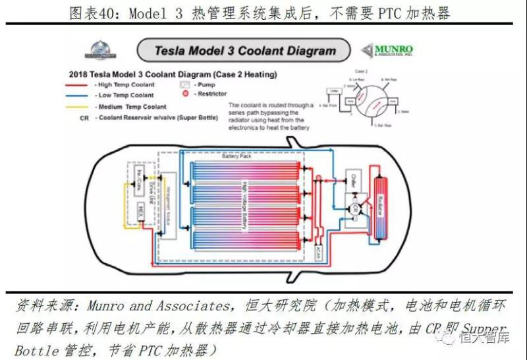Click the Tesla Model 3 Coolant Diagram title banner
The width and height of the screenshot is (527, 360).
pyautogui.click(x=244, y=50)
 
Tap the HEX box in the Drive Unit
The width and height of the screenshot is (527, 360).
pyautogui.click(x=140, y=211)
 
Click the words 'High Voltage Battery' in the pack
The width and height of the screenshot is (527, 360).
pyautogui.click(x=244, y=205)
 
